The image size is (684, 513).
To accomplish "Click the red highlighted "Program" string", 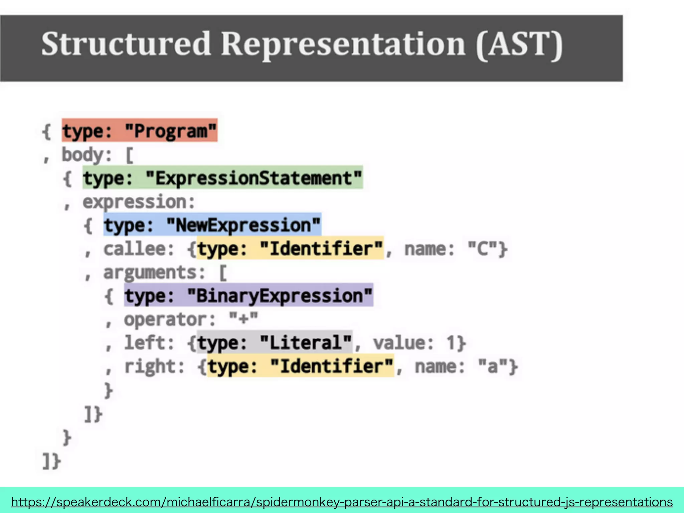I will (171, 131).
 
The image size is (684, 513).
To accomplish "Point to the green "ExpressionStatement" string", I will (254, 178).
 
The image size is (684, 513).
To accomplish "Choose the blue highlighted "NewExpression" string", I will (243, 225).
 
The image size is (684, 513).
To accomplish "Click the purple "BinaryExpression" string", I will (280, 296).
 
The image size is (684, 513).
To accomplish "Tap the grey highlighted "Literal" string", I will (306, 343).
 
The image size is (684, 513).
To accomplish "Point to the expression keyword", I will (138, 202).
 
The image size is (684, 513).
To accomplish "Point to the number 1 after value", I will (451, 343).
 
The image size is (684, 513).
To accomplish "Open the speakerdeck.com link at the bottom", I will (342, 502).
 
